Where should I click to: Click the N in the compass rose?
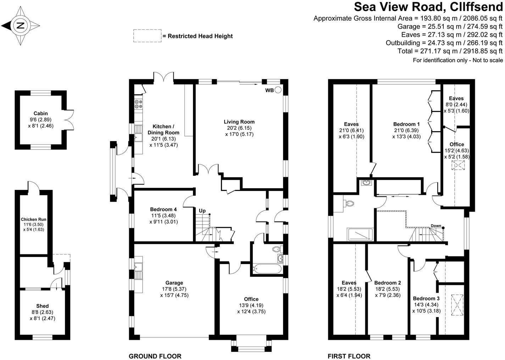pos(21,26)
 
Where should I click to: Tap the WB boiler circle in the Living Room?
pos(278,90)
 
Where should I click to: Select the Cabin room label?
pos(40,113)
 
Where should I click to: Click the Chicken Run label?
pos(34,219)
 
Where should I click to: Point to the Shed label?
pos(43,306)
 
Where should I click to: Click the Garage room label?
pos(174,283)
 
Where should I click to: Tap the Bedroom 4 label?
pos(163,209)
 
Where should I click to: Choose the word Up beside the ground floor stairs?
pos(202,210)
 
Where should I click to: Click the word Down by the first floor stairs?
pos(436,226)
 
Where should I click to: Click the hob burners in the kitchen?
pos(138,104)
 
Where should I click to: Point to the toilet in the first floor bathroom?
pos(349,203)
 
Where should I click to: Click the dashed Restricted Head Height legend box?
pos(147,36)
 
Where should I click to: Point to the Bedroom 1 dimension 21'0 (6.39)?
pos(406,130)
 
